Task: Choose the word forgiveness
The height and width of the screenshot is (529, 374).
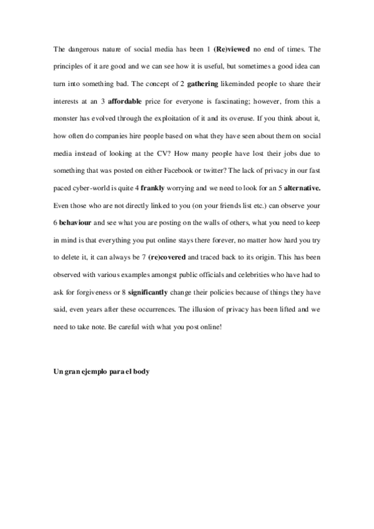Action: click(x=92, y=292)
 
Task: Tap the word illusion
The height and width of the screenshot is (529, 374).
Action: click(x=237, y=309)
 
